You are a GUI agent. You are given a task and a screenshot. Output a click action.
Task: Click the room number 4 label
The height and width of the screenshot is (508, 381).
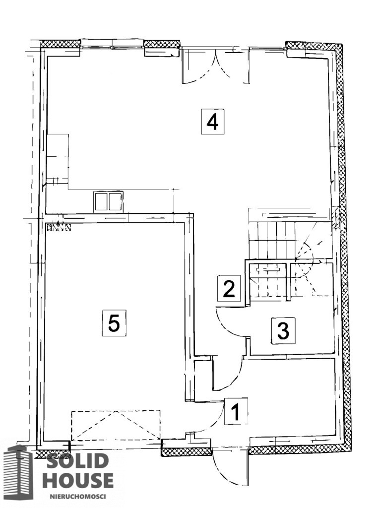pyautogui.click(x=212, y=122)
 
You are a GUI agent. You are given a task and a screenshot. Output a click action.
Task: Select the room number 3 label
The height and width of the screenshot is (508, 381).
pyautogui.click(x=283, y=330)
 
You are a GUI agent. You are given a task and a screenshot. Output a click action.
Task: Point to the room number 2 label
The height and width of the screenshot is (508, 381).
pyautogui.click(x=229, y=287)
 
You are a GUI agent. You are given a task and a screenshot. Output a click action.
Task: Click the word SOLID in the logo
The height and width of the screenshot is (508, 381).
pyautogui.click(x=76, y=461)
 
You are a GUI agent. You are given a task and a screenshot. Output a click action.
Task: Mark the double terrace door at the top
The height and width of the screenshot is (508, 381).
pyautogui.click(x=216, y=65)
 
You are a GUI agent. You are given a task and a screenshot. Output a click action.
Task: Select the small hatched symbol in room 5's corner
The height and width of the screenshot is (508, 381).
pyautogui.click(x=59, y=227)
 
